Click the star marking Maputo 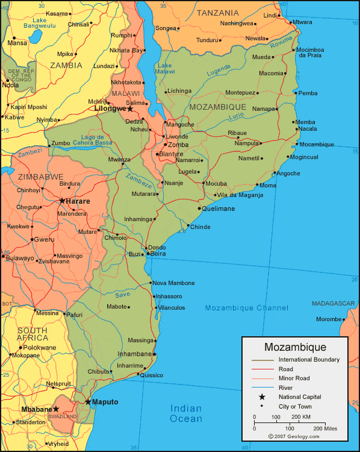tap(88, 401)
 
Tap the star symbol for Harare tap(62, 201)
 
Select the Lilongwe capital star tap(129, 108)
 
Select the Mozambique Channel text tap(246, 308)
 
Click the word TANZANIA tap(218, 13)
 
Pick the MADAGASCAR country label tap(335, 303)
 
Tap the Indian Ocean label tap(186, 413)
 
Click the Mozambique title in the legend tap(295, 347)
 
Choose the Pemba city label tap(308, 93)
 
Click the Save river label tap(122, 295)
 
